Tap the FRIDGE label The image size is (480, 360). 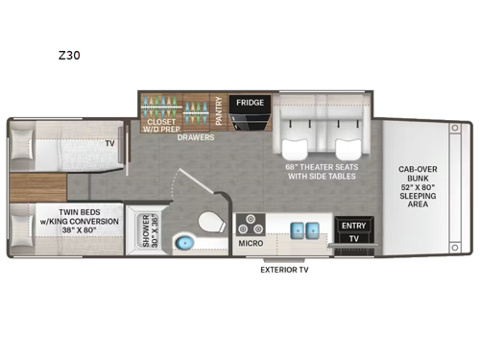pyautogui.click(x=251, y=103)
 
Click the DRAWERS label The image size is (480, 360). pyautogui.click(x=195, y=137)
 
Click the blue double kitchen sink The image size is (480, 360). pyautogui.click(x=303, y=229)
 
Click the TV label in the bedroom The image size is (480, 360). pyautogui.click(x=111, y=144)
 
